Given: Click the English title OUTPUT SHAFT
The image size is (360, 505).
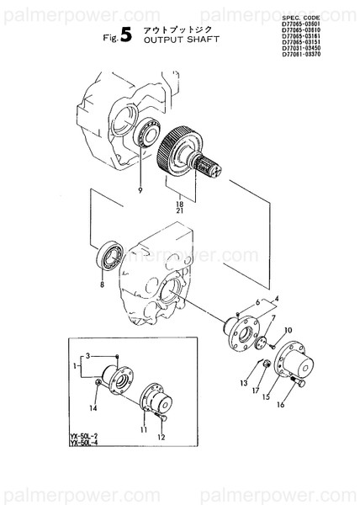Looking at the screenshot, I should [x=182, y=39].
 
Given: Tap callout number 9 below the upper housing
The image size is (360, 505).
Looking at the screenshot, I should [x=140, y=191].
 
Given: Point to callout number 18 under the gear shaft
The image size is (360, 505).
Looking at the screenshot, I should [x=178, y=205].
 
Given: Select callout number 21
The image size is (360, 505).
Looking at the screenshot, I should [x=178, y=211].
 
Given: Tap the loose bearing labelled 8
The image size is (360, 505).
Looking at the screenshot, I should [x=110, y=253].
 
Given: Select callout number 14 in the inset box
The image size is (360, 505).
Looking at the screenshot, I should [x=93, y=408].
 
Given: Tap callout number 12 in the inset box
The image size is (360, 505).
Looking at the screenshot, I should [x=161, y=437].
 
